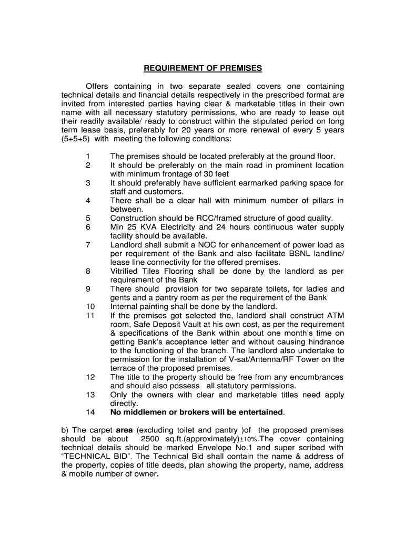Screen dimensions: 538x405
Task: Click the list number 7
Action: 88,245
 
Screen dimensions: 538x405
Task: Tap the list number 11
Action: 89,315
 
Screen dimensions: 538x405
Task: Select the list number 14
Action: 89,412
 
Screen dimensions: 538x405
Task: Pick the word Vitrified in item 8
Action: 126,271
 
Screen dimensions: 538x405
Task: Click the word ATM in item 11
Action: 336,315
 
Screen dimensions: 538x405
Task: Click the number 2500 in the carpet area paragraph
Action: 151,439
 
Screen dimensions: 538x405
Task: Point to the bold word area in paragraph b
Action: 125,430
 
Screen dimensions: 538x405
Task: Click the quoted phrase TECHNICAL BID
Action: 95,457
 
